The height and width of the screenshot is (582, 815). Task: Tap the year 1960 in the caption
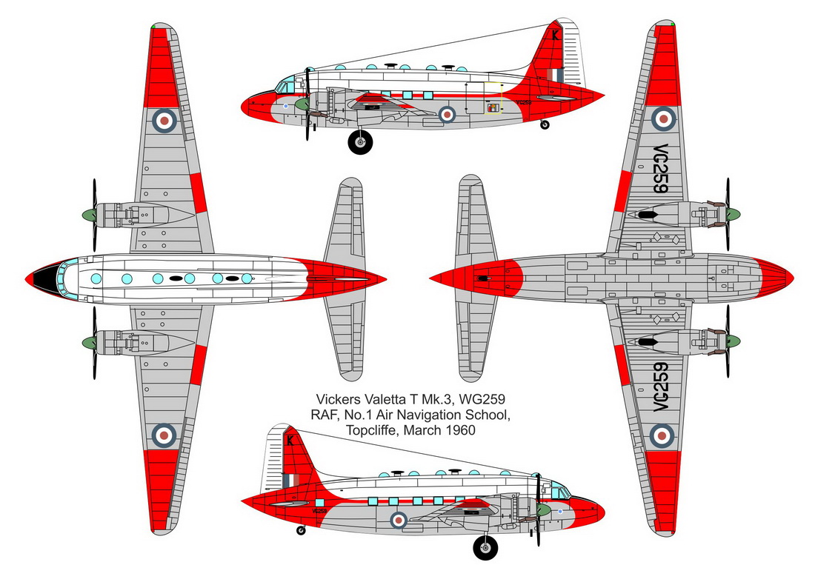(x=457, y=430)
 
